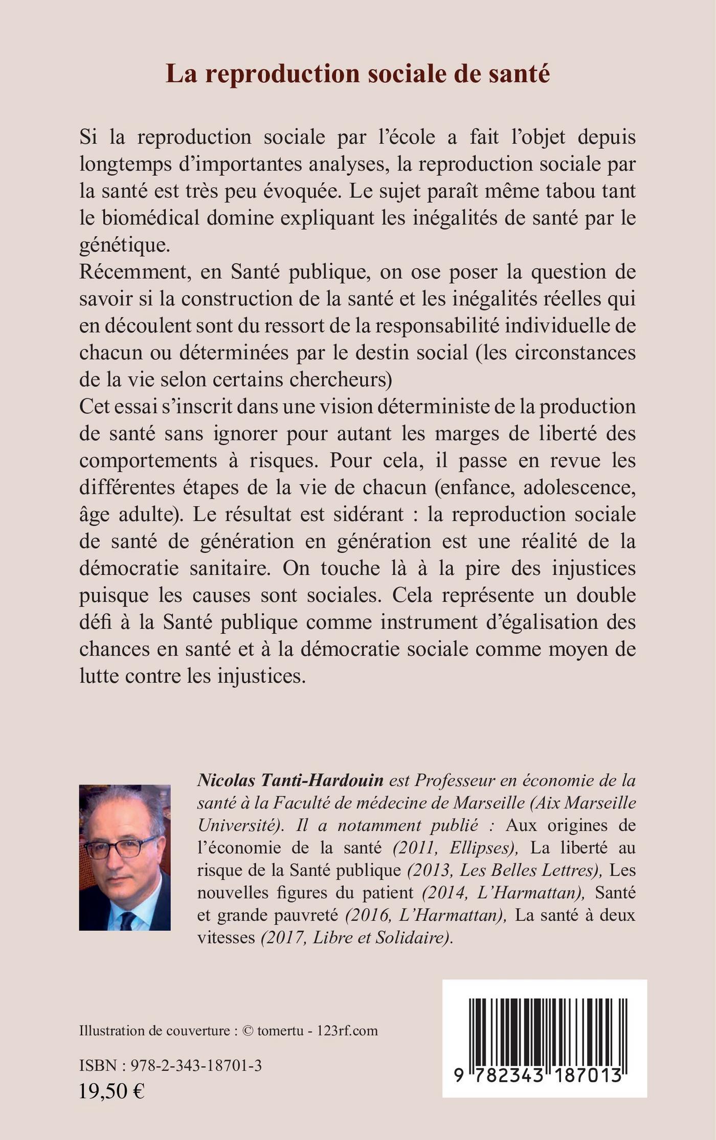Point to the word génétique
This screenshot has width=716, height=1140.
tap(124, 245)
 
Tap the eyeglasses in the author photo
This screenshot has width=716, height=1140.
tap(121, 848)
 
